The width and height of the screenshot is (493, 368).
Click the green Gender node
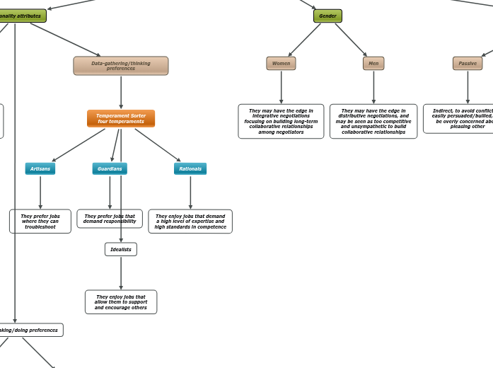[327, 16]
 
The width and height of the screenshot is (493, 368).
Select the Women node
[281, 64]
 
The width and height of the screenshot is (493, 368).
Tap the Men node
[373, 64]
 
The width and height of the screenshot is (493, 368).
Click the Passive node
[468, 64]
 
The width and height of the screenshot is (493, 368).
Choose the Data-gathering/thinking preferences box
[121, 66]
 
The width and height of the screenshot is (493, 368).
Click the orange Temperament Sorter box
[121, 118]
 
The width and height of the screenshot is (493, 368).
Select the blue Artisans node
[40, 168]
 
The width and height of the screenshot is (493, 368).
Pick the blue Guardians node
[110, 168]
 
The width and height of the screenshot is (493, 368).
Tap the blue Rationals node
[190, 168]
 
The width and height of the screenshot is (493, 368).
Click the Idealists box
[121, 249]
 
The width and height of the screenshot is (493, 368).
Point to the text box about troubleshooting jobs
[40, 222]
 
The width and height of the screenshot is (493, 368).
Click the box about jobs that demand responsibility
[110, 219]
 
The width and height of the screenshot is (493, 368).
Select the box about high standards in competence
[190, 222]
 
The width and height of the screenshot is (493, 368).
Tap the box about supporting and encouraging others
[121, 302]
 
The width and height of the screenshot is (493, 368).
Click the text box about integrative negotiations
[281, 121]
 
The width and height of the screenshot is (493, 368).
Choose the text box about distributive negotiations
[373, 121]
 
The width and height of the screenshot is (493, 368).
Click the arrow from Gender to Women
[304, 40]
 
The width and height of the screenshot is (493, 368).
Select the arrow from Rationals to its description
[190, 192]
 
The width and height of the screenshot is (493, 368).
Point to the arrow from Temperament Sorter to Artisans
[79, 145]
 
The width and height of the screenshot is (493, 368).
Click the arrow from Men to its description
[373, 87]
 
